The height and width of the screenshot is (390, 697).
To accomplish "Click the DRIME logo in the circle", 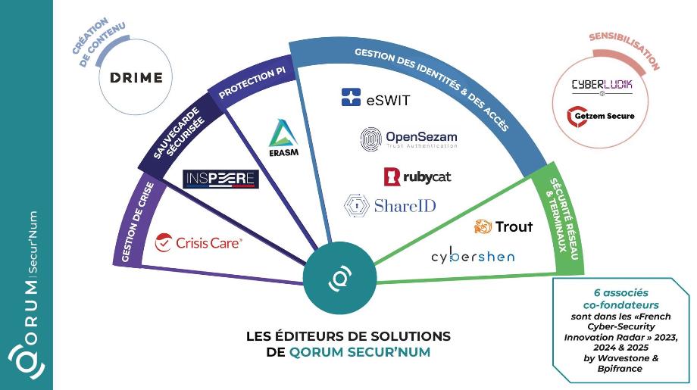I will click(x=136, y=78).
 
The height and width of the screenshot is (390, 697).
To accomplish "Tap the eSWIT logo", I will click(x=376, y=98).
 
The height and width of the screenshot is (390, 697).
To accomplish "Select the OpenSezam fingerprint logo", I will click(x=408, y=139).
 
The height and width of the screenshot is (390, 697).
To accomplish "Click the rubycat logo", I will click(x=417, y=176).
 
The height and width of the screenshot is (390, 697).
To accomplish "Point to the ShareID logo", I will click(x=390, y=205).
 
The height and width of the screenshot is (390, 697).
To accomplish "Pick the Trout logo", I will click(x=503, y=226).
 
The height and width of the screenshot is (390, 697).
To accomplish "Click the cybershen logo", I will click(x=473, y=256).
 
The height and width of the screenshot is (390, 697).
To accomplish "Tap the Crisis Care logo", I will click(x=198, y=243).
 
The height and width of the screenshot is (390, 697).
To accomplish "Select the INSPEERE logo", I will click(x=221, y=179).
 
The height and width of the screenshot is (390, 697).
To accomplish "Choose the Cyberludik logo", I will click(x=602, y=85).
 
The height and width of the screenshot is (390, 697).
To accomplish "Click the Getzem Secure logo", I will click(x=602, y=117).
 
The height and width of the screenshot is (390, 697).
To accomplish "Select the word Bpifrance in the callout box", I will click(x=620, y=368).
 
